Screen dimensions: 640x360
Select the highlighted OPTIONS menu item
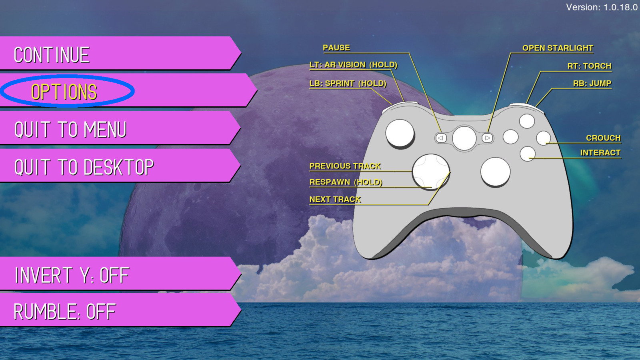(64, 92)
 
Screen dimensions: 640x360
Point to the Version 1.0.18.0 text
(602, 7)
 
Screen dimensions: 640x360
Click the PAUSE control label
(336, 48)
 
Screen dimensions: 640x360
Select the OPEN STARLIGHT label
(558, 48)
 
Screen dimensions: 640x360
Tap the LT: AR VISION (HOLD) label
(353, 65)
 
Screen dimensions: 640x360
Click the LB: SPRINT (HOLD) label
(348, 84)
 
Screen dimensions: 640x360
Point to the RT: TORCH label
(589, 66)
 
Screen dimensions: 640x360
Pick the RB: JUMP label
(592, 83)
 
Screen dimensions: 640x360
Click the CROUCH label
(603, 138)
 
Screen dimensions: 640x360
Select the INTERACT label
(600, 153)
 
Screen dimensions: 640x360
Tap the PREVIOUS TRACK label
(345, 166)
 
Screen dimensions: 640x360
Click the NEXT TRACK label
(335, 199)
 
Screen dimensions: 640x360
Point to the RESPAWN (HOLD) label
(346, 182)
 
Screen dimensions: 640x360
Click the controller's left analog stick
(400, 133)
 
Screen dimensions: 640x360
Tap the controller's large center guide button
(464, 138)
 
